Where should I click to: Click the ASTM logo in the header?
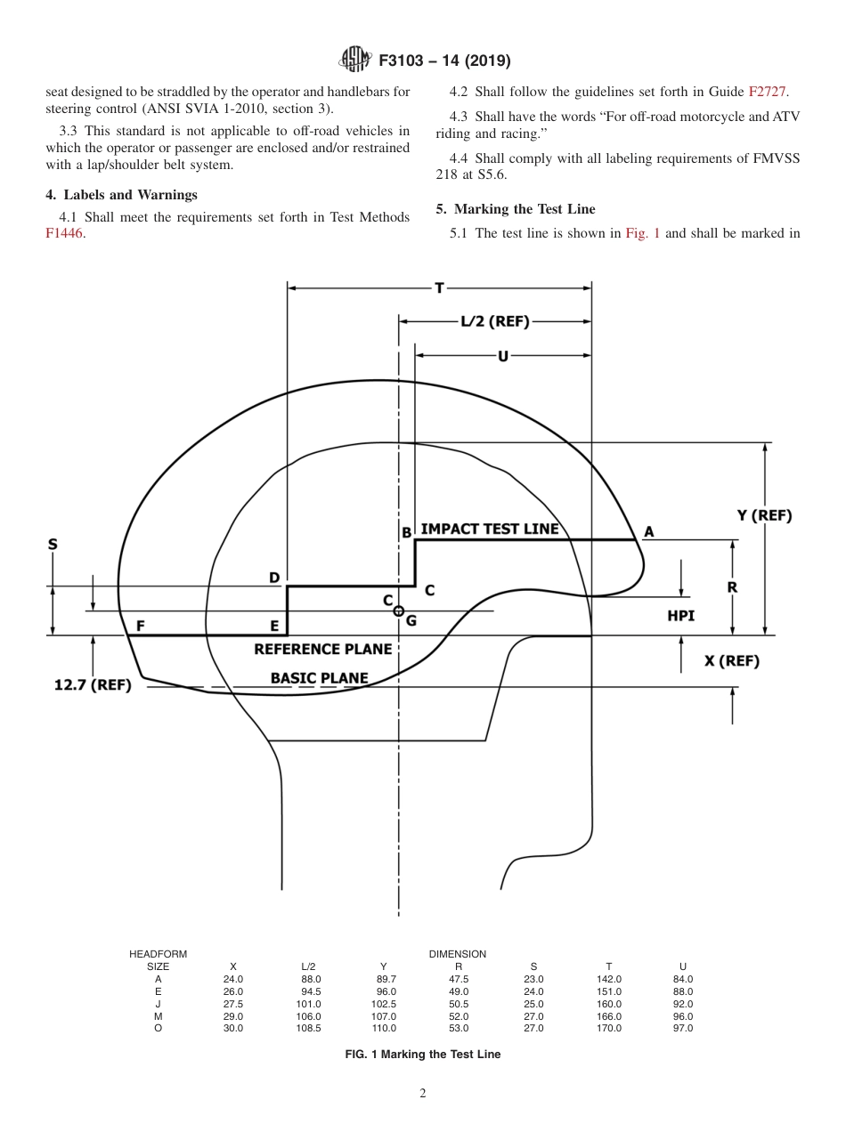[x=354, y=61]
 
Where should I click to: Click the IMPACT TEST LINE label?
[x=489, y=529]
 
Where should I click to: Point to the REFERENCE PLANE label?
[x=322, y=650]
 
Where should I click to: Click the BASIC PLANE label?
[x=319, y=678]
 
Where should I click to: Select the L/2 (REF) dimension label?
[x=494, y=321]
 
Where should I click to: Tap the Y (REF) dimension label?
[x=764, y=515]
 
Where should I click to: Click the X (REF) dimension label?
[x=732, y=660]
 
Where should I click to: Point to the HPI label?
[x=680, y=615]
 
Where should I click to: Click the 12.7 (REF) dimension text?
[x=93, y=685]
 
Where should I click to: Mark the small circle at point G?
[x=398, y=611]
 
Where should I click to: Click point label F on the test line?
[x=141, y=626]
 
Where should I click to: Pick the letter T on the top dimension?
[x=439, y=287]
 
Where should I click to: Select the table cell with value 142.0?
[x=609, y=979]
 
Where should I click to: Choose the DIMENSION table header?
[x=457, y=954]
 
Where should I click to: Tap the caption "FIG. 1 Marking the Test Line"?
[x=422, y=1055]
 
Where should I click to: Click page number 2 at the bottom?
[x=423, y=1094]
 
